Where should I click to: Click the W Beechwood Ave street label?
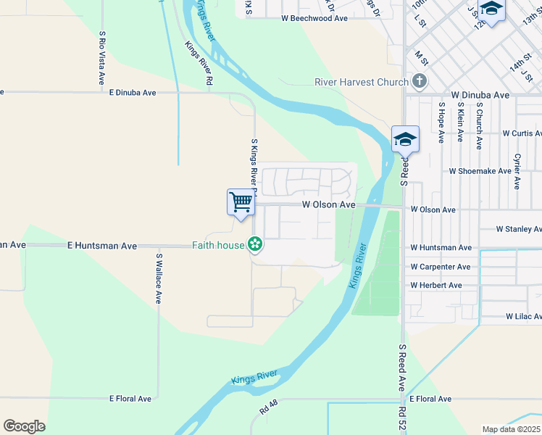pos(314,18)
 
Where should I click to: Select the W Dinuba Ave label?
pos(480,95)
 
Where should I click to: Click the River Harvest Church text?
pos(362,82)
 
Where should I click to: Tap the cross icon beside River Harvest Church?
pos(420,81)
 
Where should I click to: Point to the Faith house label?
pos(218,245)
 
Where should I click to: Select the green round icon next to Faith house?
pos(255,244)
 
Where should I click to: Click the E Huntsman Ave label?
pos(102,246)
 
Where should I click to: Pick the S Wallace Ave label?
pos(158,278)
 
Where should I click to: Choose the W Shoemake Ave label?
pos(480,172)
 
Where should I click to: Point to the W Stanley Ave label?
pos(518,229)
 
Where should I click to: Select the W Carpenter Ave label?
pos(441,267)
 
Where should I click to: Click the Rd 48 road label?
pos(269,408)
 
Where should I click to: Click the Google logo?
pos(24,426)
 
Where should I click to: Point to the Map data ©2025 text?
pos(511,429)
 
